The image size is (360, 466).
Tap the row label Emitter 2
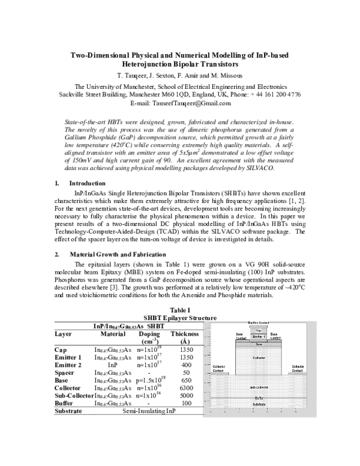(x=70, y=365)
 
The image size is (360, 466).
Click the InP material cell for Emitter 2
(x=112, y=365)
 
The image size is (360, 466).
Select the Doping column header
(x=149, y=333)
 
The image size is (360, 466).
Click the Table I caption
(x=180, y=310)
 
